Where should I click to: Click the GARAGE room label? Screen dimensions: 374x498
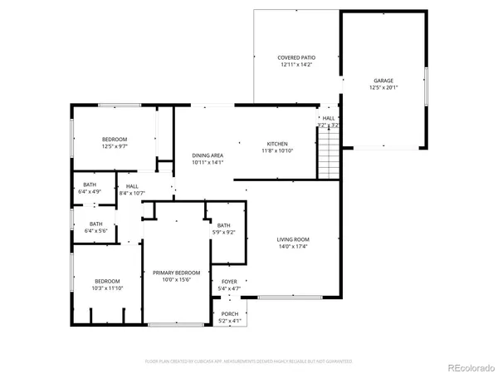383,81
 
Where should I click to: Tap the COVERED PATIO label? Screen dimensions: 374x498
296,57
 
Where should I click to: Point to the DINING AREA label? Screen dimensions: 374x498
207,155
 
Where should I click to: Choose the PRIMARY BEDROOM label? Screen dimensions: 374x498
176,273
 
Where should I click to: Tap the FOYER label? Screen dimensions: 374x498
229,282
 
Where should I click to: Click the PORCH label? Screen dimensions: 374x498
229,313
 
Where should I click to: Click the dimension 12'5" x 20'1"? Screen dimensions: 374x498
383,87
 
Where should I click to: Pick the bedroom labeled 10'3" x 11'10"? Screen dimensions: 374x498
106,283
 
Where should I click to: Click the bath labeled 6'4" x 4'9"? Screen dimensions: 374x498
90,188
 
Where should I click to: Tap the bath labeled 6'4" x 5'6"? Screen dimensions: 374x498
90,226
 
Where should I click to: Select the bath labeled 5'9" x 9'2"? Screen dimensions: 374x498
224,229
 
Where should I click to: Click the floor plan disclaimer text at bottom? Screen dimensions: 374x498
249,362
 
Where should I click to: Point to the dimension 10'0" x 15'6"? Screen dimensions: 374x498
176,279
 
